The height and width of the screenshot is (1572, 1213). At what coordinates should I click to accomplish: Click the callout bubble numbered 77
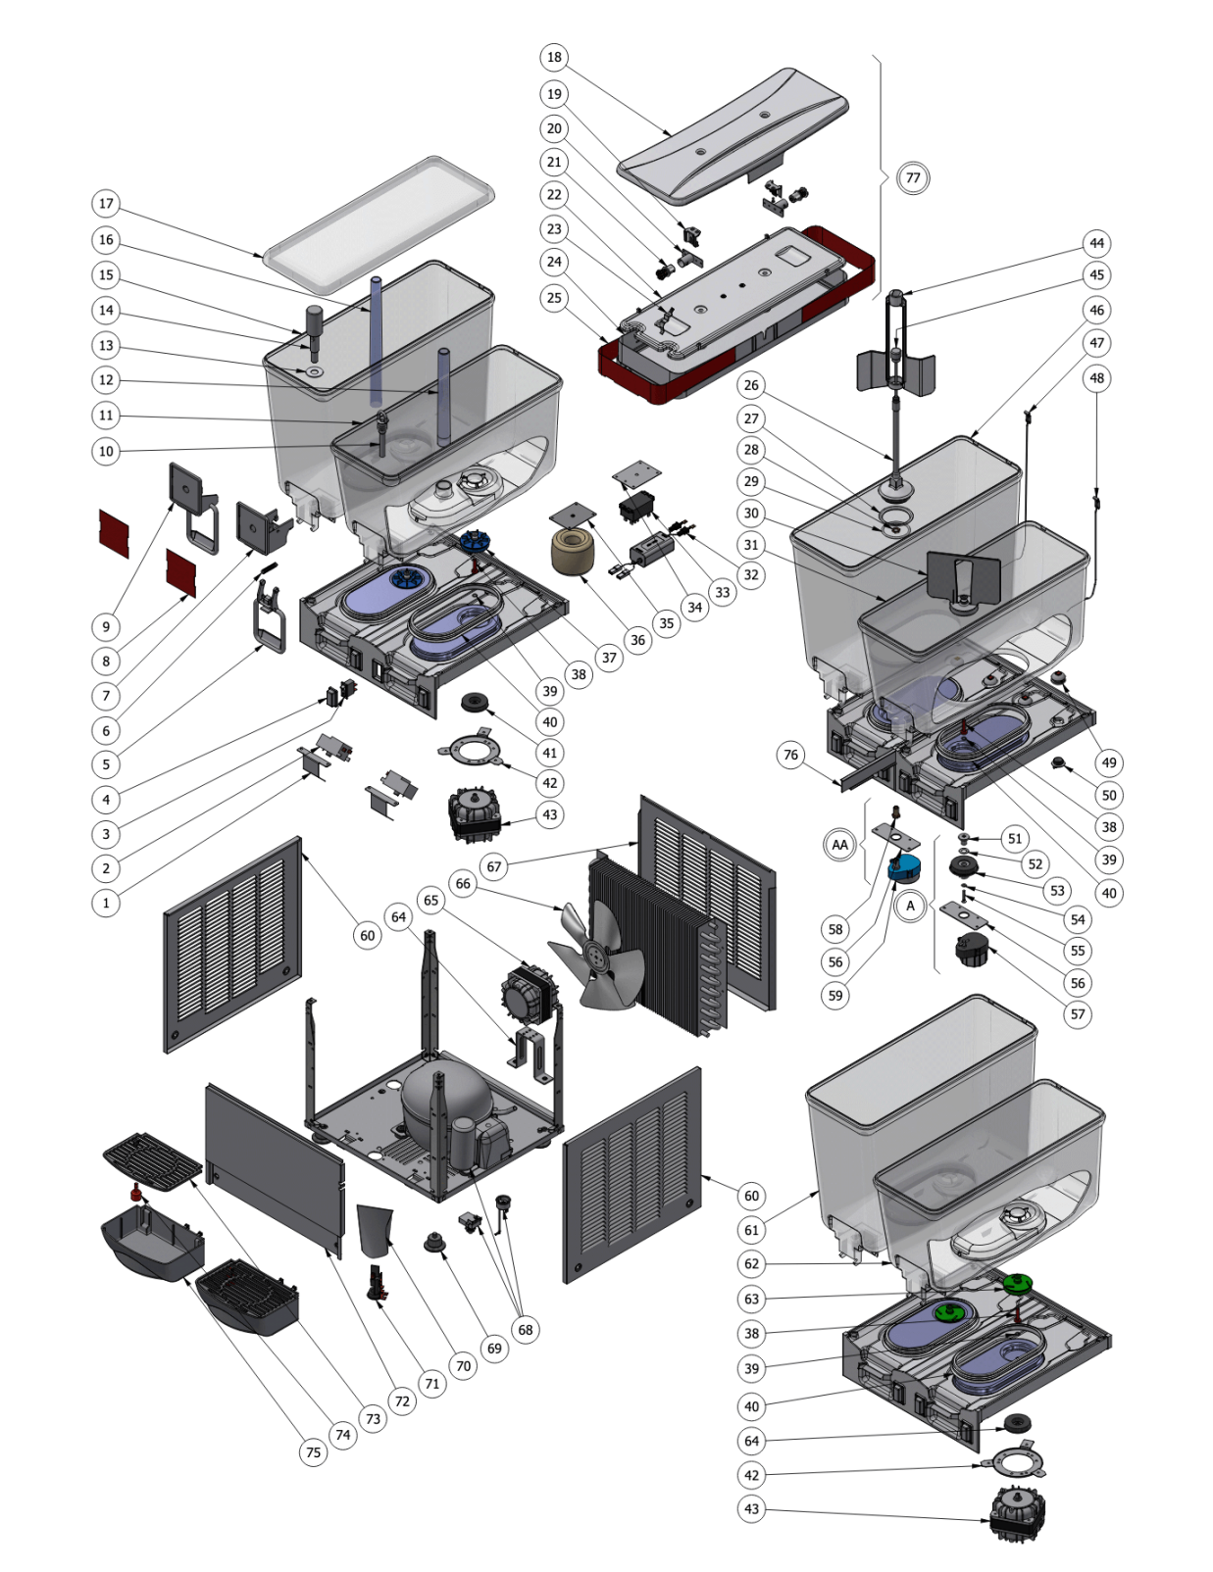913,177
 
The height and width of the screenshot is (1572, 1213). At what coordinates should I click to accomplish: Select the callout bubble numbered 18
554,57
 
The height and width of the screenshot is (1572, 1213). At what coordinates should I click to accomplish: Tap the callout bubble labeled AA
840,845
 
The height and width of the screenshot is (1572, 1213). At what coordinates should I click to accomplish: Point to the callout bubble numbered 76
791,755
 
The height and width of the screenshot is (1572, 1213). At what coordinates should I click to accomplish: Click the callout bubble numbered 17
106,204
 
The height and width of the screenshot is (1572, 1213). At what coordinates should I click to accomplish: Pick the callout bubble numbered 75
313,1452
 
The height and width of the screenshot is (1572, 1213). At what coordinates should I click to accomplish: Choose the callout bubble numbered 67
494,866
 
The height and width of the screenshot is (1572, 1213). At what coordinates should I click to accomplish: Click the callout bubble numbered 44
1096,243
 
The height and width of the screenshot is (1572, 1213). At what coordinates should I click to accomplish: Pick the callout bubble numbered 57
1078,1014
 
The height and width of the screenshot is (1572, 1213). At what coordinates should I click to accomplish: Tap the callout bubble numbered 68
526,1330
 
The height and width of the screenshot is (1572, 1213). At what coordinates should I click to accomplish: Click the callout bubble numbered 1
106,903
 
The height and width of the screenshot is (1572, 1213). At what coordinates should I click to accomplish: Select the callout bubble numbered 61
751,1230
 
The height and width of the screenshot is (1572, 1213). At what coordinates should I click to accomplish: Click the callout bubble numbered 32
751,574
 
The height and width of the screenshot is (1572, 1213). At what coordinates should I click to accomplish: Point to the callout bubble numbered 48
1096,377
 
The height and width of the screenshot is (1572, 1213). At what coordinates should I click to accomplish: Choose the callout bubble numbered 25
554,298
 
